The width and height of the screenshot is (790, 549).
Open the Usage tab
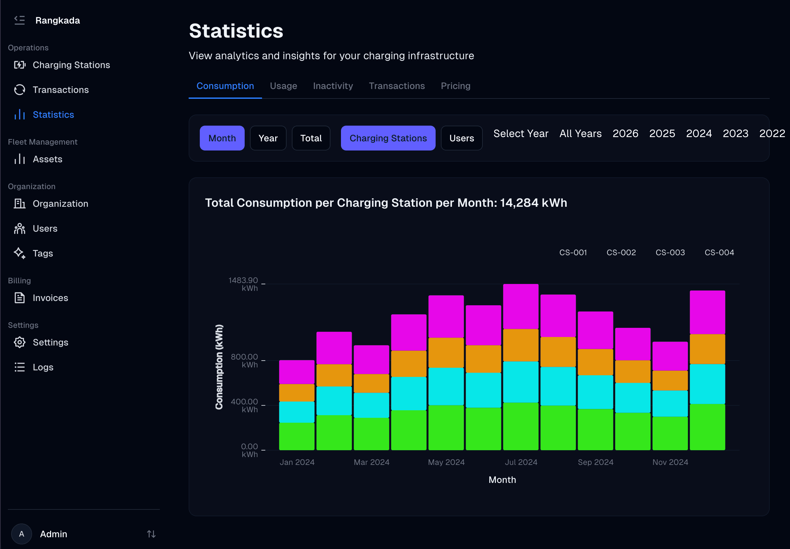tap(283, 86)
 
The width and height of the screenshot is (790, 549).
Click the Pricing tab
tap(455, 86)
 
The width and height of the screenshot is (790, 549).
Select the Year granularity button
tap(268, 138)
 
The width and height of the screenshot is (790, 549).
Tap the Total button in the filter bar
tap(311, 138)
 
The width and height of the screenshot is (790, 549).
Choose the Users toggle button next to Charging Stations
tap(461, 138)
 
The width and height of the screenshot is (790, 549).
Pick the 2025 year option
tap(662, 133)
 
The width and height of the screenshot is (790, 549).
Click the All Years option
tap(580, 133)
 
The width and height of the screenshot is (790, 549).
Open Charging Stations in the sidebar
tap(71, 65)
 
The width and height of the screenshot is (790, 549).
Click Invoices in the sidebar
tap(50, 298)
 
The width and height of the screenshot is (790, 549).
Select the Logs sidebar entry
tap(43, 367)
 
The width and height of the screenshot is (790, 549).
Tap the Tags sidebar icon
tap(20, 253)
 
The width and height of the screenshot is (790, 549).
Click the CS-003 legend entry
tap(669, 252)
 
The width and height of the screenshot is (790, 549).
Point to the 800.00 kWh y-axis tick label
tap(244, 360)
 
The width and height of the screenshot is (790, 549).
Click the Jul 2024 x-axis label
tap(520, 462)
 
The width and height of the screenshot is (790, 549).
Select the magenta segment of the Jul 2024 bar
tap(520, 306)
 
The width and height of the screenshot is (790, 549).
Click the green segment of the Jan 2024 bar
tap(297, 436)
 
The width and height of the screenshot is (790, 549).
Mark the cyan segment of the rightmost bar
tap(707, 384)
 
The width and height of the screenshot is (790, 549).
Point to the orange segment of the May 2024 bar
tap(446, 352)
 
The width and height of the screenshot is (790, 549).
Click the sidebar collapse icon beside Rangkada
tap(20, 20)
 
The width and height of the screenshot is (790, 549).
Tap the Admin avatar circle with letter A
tap(22, 534)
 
